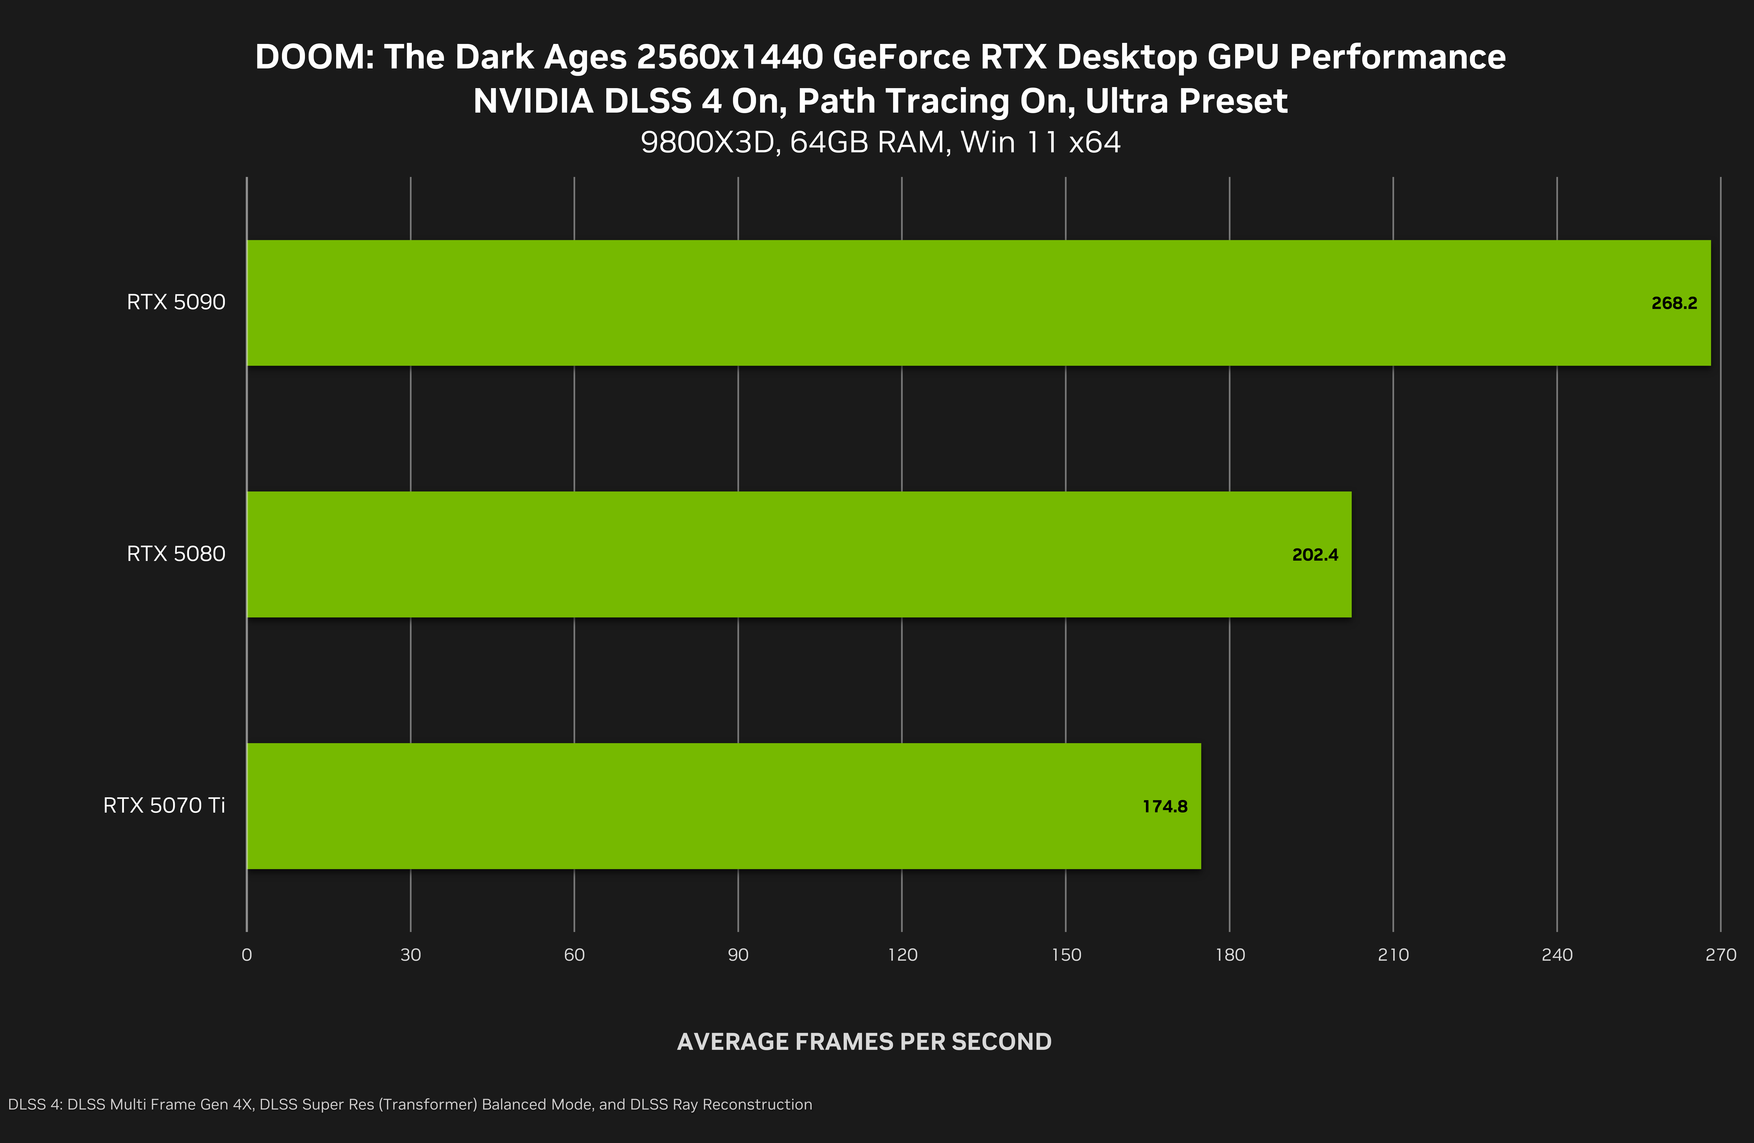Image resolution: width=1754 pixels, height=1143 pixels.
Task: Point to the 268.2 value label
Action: (1674, 303)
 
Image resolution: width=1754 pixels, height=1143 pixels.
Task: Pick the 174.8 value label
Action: (1164, 806)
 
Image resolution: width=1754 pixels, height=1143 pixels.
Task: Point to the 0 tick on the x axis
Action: (247, 955)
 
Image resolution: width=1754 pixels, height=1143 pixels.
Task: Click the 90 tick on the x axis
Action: (738, 955)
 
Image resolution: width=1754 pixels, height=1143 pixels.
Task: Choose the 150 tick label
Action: (1066, 955)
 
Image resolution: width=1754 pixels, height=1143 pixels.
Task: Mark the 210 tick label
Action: (1393, 955)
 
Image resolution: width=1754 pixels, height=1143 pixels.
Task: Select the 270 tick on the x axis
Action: (1720, 955)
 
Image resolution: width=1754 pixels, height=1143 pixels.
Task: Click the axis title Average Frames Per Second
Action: (864, 1041)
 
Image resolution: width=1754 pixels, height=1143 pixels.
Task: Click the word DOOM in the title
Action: (313, 58)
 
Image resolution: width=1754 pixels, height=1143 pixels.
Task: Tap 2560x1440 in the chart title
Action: (730, 58)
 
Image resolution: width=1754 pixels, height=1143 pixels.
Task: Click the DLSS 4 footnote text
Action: (410, 1104)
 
